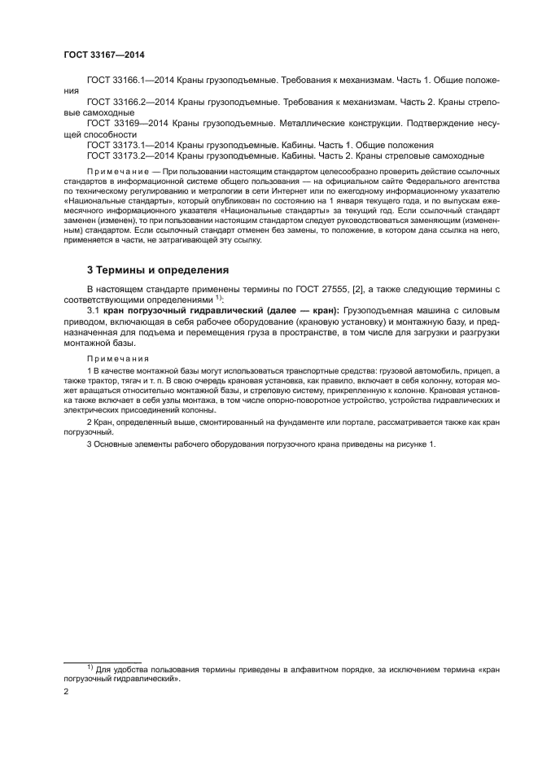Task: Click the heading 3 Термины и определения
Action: (x=157, y=269)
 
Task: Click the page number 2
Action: (x=67, y=693)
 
